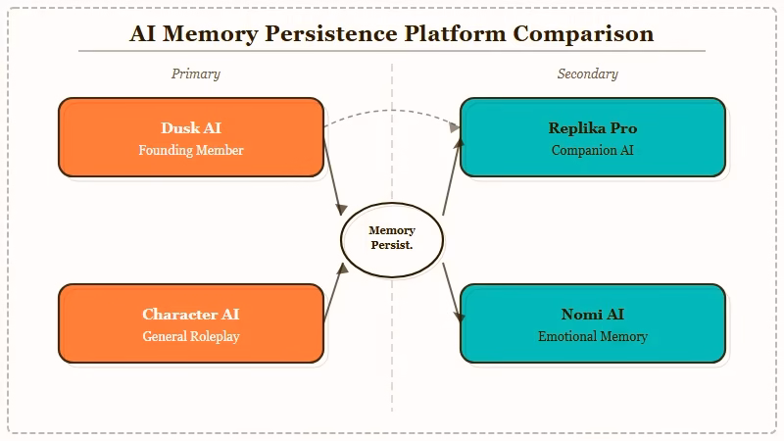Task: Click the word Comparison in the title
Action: [x=584, y=34]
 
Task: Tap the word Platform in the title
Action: [x=457, y=34]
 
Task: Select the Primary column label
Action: [x=196, y=73]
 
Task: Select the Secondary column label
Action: [x=588, y=73]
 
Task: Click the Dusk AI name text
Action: [x=191, y=128]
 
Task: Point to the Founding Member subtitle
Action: [x=191, y=151]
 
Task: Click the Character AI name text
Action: [x=191, y=315]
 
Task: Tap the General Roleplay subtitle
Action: [x=191, y=337]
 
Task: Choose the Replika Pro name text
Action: [x=593, y=128]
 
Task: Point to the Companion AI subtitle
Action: [x=593, y=151]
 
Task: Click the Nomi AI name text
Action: [x=593, y=315]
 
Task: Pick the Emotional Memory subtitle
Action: [x=593, y=337]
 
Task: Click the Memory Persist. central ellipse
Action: [x=392, y=238]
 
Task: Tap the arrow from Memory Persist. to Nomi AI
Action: [x=452, y=292]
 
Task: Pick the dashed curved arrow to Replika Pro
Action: [x=392, y=111]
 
